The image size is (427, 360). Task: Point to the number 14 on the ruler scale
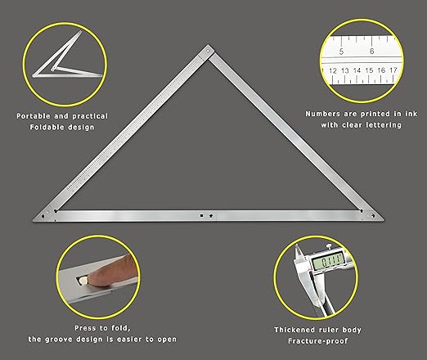point(357,71)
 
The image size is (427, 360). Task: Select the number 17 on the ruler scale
point(393,71)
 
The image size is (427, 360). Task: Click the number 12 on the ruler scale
point(333,71)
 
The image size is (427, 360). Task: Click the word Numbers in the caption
point(321,114)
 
